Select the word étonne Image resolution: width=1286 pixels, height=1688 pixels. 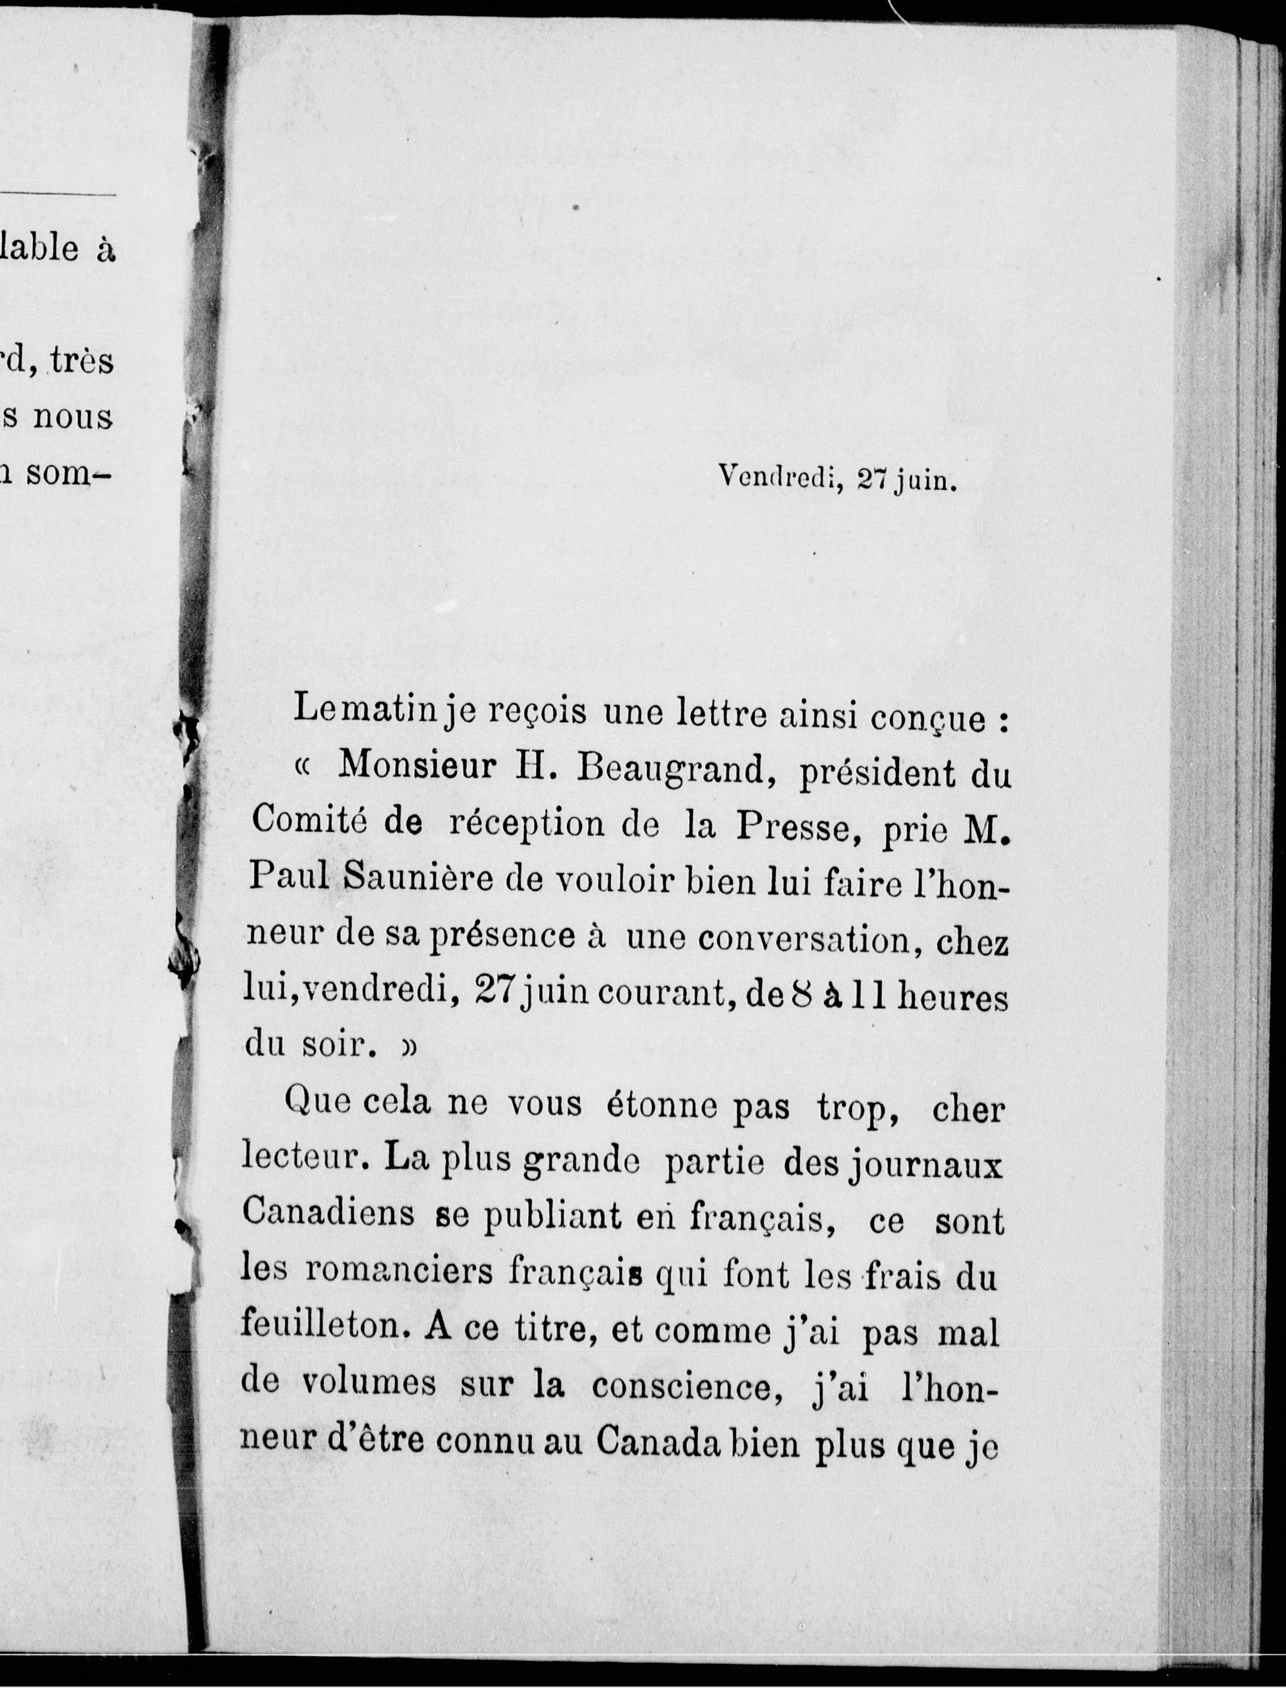[661, 1107]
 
